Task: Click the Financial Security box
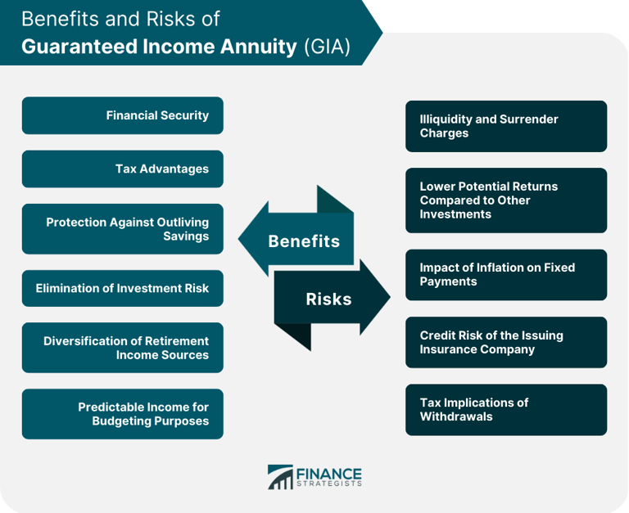pyautogui.click(x=122, y=115)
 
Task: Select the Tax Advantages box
pyautogui.click(x=122, y=169)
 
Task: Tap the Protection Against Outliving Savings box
pyautogui.click(x=122, y=229)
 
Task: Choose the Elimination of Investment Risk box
pyautogui.click(x=122, y=288)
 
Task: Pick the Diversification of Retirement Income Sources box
pyautogui.click(x=122, y=348)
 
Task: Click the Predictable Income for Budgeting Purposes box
pyautogui.click(x=122, y=414)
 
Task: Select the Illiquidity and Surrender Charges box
pyautogui.click(x=505, y=126)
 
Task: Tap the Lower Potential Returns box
pyautogui.click(x=505, y=200)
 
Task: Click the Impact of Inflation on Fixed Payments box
pyautogui.click(x=505, y=275)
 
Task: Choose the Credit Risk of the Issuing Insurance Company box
pyautogui.click(x=505, y=342)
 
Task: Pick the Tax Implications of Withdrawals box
pyautogui.click(x=505, y=410)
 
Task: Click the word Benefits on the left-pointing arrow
pyautogui.click(x=304, y=241)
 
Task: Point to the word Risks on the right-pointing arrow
pyautogui.click(x=328, y=299)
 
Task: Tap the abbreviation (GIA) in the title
pyautogui.click(x=327, y=46)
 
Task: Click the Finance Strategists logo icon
pyautogui.click(x=280, y=477)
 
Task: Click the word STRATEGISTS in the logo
pyautogui.click(x=328, y=484)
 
